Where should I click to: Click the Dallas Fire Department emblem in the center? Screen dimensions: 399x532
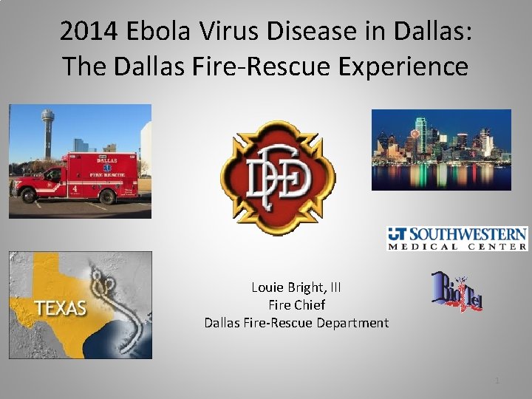(277, 178)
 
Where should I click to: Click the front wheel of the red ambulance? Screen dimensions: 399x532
(29, 196)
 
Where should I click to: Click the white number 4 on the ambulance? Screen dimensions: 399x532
(75, 189)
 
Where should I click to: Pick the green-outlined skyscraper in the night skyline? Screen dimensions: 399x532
(420, 133)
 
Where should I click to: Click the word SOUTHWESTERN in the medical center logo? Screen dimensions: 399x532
(468, 235)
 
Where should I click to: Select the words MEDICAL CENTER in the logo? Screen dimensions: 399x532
(457, 246)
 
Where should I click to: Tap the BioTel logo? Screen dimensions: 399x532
(457, 291)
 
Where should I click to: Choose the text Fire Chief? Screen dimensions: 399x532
(296, 304)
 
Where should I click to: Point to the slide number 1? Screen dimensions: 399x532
(497, 380)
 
